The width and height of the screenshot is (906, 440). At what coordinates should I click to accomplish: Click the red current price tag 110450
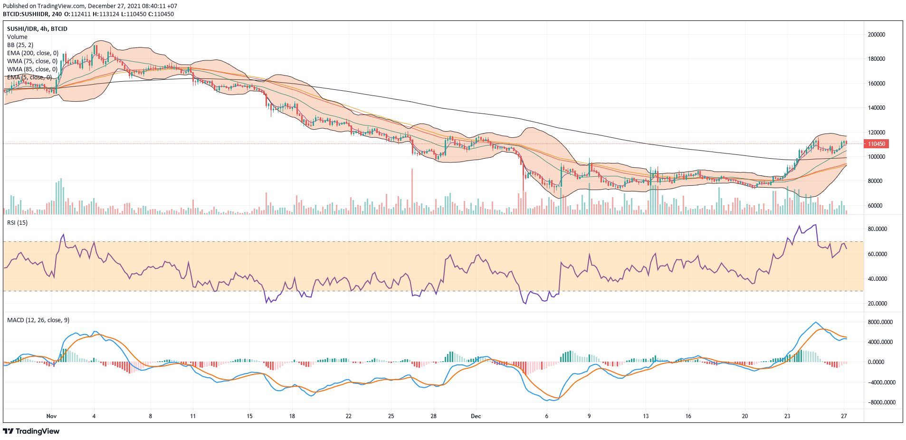(x=876, y=144)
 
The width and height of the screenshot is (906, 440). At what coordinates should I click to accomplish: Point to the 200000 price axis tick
(x=877, y=35)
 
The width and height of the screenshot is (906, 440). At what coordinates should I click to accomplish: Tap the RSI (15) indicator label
(x=18, y=223)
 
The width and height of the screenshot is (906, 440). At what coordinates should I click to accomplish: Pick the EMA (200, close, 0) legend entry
(x=33, y=53)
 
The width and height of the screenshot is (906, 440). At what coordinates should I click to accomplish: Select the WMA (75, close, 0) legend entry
(x=32, y=61)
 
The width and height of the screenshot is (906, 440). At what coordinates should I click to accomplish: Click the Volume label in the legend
(x=17, y=37)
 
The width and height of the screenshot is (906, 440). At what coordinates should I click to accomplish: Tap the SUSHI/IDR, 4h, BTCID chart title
(x=37, y=29)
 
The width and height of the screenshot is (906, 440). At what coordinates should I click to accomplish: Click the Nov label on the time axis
(x=51, y=416)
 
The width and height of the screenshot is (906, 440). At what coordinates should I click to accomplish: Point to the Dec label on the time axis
(x=476, y=416)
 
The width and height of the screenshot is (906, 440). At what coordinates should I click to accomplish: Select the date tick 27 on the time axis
(x=844, y=416)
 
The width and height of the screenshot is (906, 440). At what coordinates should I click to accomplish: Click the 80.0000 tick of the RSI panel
(x=877, y=229)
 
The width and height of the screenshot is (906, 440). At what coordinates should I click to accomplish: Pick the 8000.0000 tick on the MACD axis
(x=880, y=322)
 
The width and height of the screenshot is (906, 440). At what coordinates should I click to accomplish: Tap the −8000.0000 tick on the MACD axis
(x=879, y=402)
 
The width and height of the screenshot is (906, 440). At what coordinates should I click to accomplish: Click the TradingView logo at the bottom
(x=31, y=431)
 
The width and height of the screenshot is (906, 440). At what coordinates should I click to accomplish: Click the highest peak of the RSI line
(x=816, y=225)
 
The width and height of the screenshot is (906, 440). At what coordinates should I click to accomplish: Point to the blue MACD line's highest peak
(x=815, y=322)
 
